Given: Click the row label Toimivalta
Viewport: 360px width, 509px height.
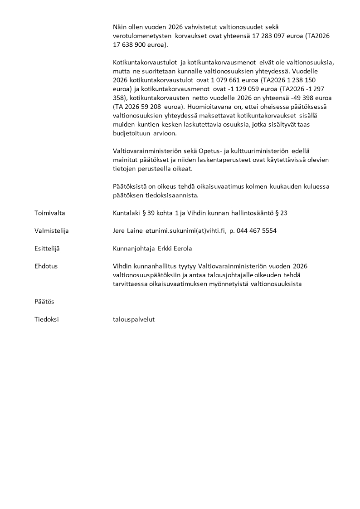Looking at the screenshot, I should coord(50,213).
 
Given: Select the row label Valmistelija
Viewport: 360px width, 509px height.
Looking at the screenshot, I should coord(51,230).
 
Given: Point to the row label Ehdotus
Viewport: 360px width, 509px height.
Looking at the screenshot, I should coord(46,266).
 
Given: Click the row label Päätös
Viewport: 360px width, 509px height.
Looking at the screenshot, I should coord(44,302).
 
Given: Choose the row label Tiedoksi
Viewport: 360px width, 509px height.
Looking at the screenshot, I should coord(46,319).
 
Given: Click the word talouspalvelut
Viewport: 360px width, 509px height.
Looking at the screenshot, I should coord(134,319).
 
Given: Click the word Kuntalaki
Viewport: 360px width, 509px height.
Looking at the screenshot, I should coord(126,213).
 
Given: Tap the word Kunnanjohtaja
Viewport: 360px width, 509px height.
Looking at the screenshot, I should coord(134,248).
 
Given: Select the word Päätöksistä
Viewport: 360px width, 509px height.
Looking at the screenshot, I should coord(130,186).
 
